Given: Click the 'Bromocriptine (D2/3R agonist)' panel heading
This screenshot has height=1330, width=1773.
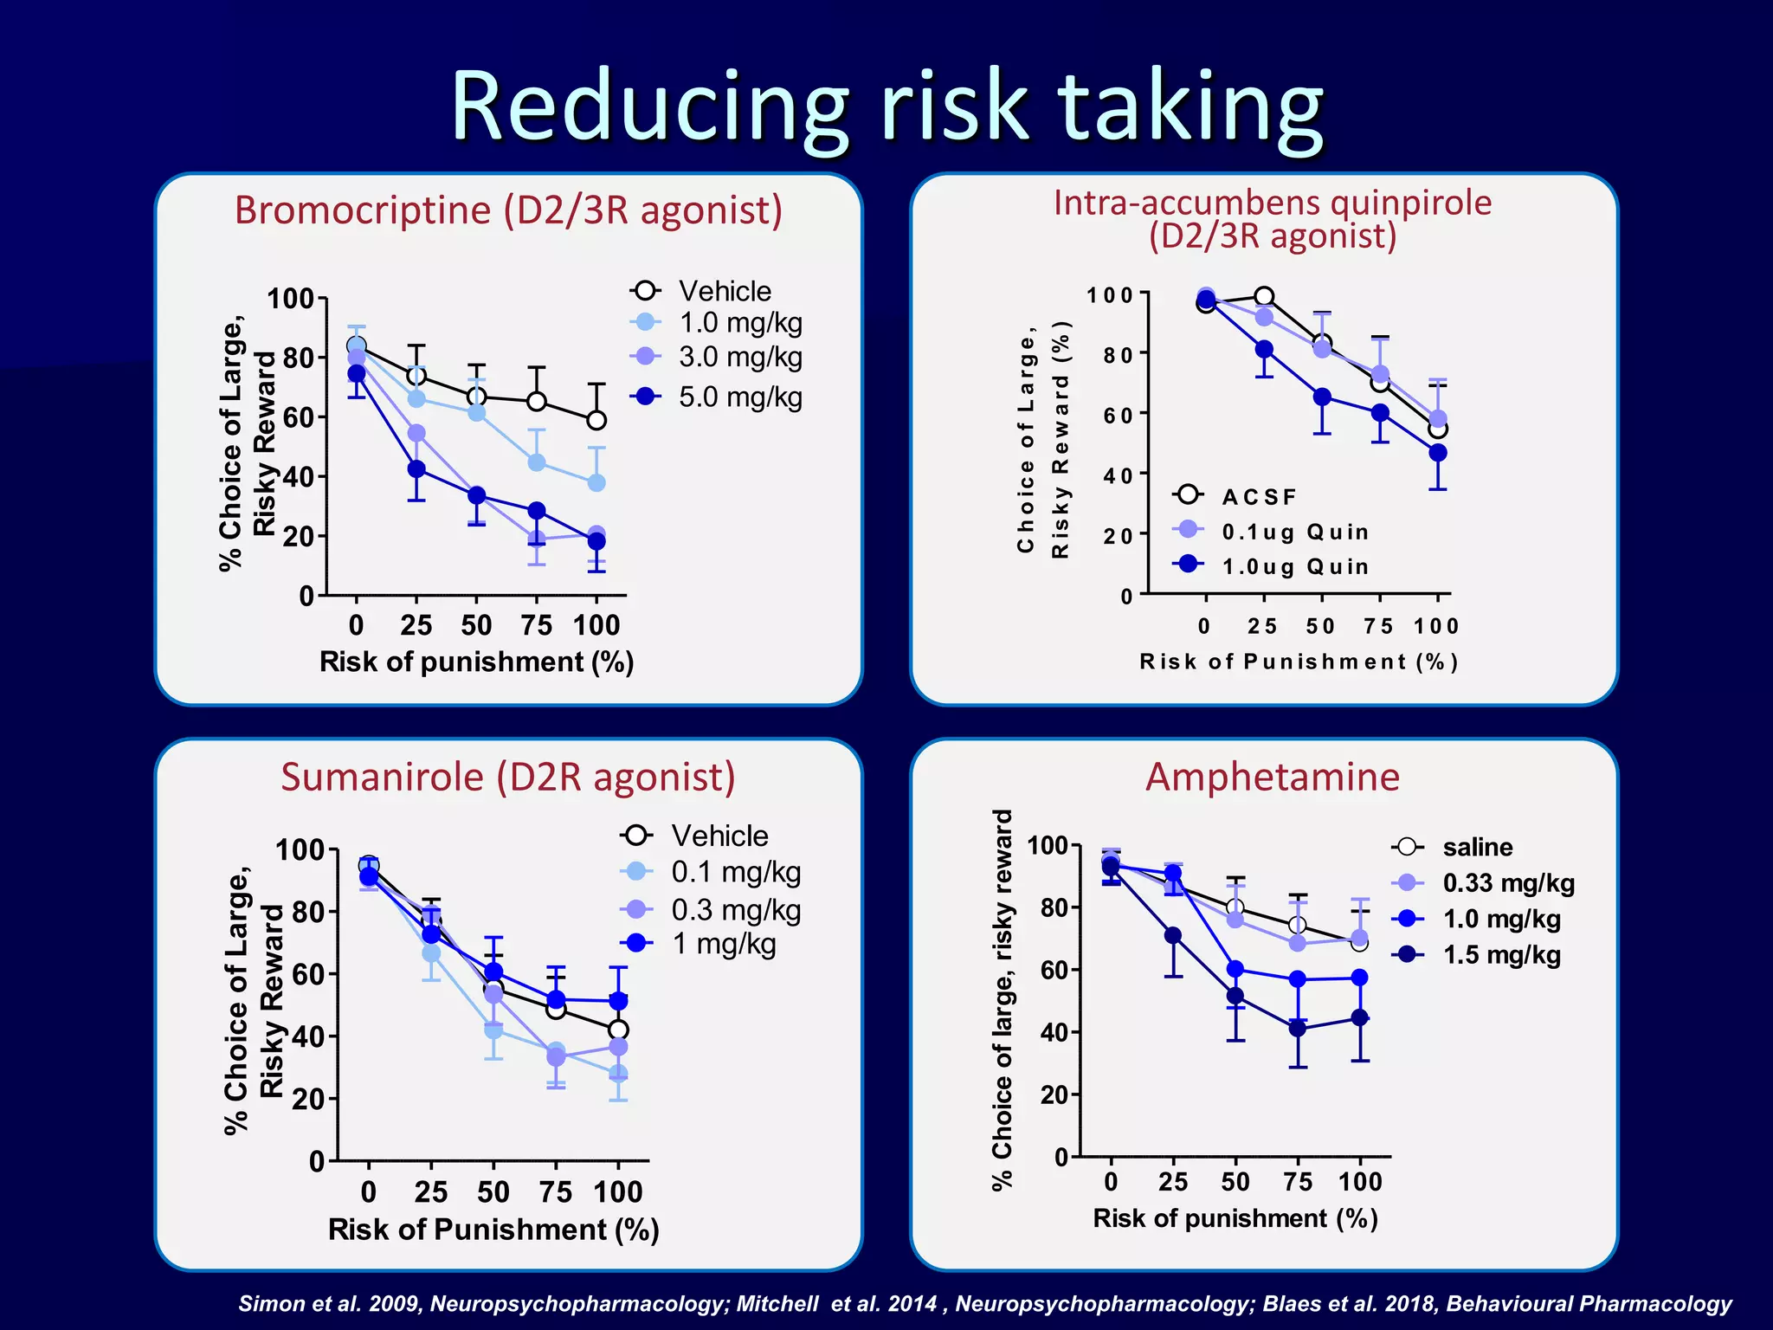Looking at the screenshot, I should coord(508,210).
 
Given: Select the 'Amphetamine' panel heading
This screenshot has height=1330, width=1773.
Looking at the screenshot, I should coord(1272,777).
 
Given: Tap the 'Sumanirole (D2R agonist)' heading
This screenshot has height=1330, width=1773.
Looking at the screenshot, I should coord(508,777).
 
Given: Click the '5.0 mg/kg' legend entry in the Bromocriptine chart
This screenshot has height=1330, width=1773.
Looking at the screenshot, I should coord(739,397).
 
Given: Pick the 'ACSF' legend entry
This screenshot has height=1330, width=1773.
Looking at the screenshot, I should coord(1259,497).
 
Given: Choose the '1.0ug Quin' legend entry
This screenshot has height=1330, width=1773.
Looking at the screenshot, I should coord(1294,566).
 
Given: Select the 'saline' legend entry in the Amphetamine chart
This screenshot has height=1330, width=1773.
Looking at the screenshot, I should coord(1477,847).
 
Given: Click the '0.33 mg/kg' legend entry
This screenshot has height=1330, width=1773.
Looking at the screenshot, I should coord(1507,883).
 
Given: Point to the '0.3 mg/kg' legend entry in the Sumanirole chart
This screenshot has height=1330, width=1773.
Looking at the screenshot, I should coord(735,910).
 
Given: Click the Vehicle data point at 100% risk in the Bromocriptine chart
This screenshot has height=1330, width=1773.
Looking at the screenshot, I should coord(596,421).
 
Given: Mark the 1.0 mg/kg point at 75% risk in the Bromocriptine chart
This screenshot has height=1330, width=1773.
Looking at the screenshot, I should coord(537,462).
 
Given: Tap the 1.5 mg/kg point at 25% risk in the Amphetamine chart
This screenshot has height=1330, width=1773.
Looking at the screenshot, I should coord(1173,935).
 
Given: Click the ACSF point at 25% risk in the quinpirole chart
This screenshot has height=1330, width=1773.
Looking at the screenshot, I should coord(1264,297).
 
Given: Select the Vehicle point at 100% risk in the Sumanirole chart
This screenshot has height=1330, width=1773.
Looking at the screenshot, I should coord(618,1030).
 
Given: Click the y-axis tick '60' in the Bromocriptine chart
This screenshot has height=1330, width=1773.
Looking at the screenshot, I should coord(297,417).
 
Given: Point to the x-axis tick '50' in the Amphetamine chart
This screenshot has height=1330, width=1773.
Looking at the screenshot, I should coord(1235,1182).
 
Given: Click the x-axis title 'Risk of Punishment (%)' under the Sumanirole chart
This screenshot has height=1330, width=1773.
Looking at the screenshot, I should coord(493,1230).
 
